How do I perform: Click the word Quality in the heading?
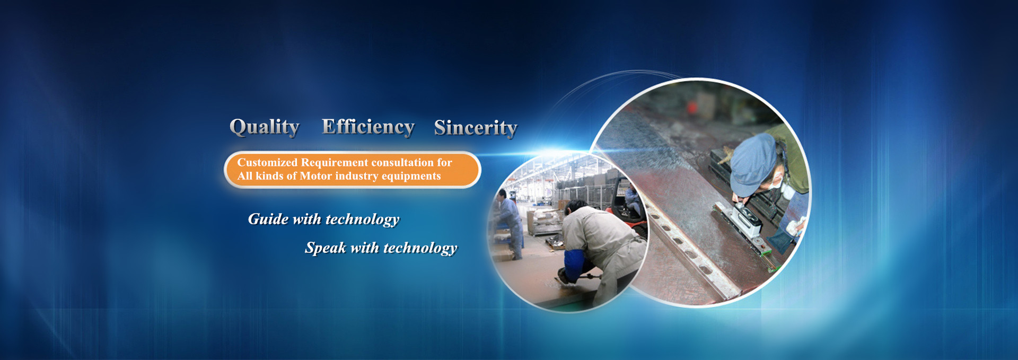(265, 127)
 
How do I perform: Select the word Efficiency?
(368, 127)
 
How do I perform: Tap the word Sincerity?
(476, 128)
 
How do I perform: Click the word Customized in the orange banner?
(267, 162)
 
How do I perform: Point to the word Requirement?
(335, 163)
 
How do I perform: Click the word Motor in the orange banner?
(315, 176)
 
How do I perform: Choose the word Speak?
(325, 248)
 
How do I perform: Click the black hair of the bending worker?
(576, 206)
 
